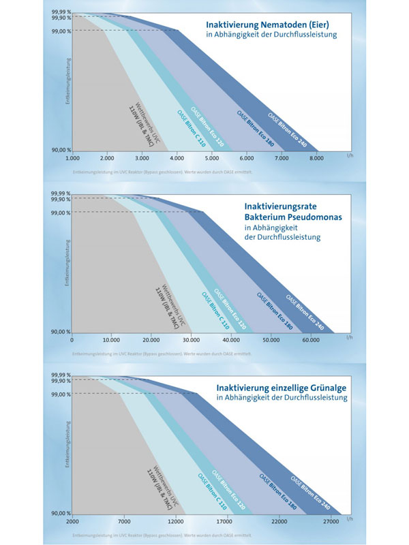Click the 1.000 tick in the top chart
73,157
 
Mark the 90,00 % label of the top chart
59,150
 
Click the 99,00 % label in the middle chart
59,212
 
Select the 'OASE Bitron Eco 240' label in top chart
287,130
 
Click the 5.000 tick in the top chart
211,157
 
